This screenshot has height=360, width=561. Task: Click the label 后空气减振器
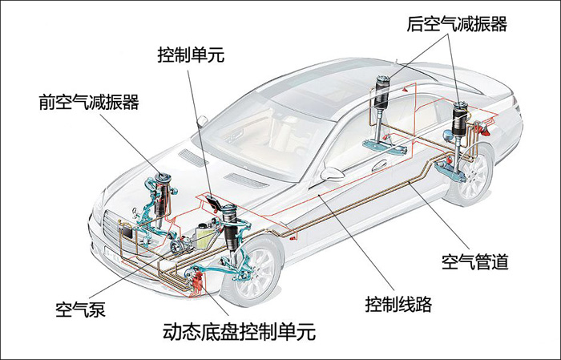(457, 24)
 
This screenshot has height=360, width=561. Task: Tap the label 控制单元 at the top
(191, 55)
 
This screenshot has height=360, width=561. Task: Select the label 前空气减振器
(89, 102)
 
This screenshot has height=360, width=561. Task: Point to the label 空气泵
(80, 309)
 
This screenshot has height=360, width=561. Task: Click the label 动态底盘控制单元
(240, 331)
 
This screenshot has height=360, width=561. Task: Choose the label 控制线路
(398, 304)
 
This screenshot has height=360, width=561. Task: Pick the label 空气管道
(474, 262)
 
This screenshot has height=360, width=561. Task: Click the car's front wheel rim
(255, 273)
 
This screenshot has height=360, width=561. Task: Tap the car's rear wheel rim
(474, 176)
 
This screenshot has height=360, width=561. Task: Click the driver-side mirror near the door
(332, 173)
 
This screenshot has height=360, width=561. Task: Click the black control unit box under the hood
(214, 203)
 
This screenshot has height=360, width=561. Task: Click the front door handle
(379, 166)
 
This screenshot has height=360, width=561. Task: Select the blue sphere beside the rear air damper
(447, 135)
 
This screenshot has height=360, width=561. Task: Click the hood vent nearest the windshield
(193, 157)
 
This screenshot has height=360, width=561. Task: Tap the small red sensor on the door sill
(293, 237)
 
